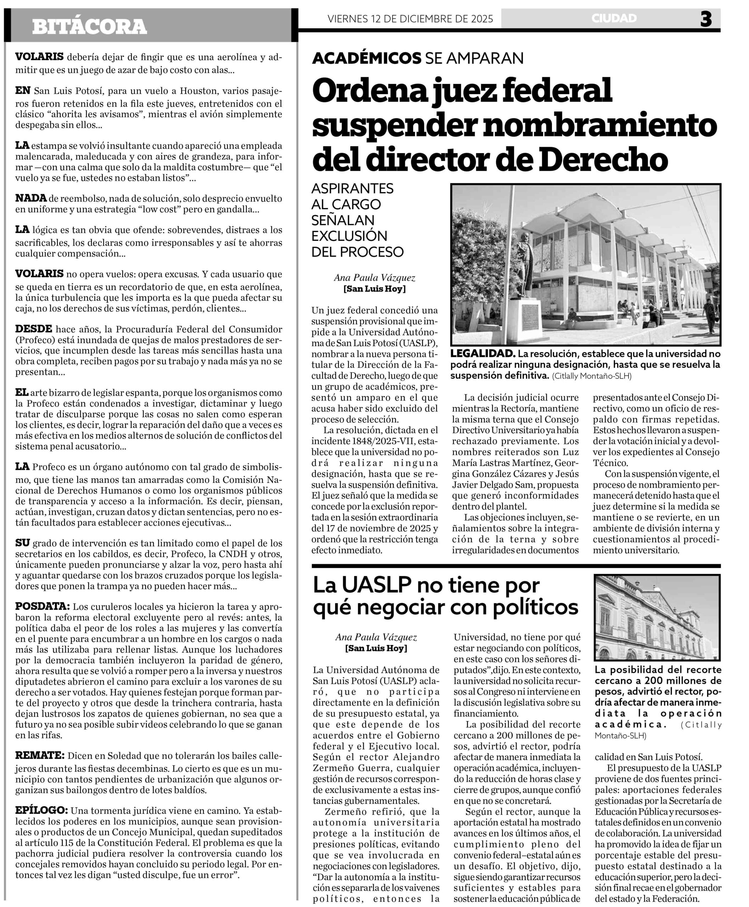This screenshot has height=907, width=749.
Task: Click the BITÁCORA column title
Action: [89, 27]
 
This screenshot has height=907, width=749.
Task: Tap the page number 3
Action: [706, 19]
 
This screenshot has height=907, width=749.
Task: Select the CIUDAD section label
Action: [614, 18]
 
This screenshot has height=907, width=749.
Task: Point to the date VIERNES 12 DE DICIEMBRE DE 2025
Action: [410, 19]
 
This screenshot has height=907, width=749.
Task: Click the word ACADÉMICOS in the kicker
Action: [366, 58]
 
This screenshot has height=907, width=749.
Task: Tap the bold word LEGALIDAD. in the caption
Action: [483, 354]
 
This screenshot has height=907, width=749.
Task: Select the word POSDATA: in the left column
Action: [42, 607]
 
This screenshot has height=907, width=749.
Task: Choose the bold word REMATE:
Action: [40, 755]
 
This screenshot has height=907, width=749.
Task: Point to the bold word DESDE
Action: [34, 329]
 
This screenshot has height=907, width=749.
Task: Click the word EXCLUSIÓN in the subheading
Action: [349, 236]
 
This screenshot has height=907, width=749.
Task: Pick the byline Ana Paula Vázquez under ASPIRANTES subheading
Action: [374, 278]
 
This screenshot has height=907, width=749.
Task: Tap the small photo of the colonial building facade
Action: [657, 617]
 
